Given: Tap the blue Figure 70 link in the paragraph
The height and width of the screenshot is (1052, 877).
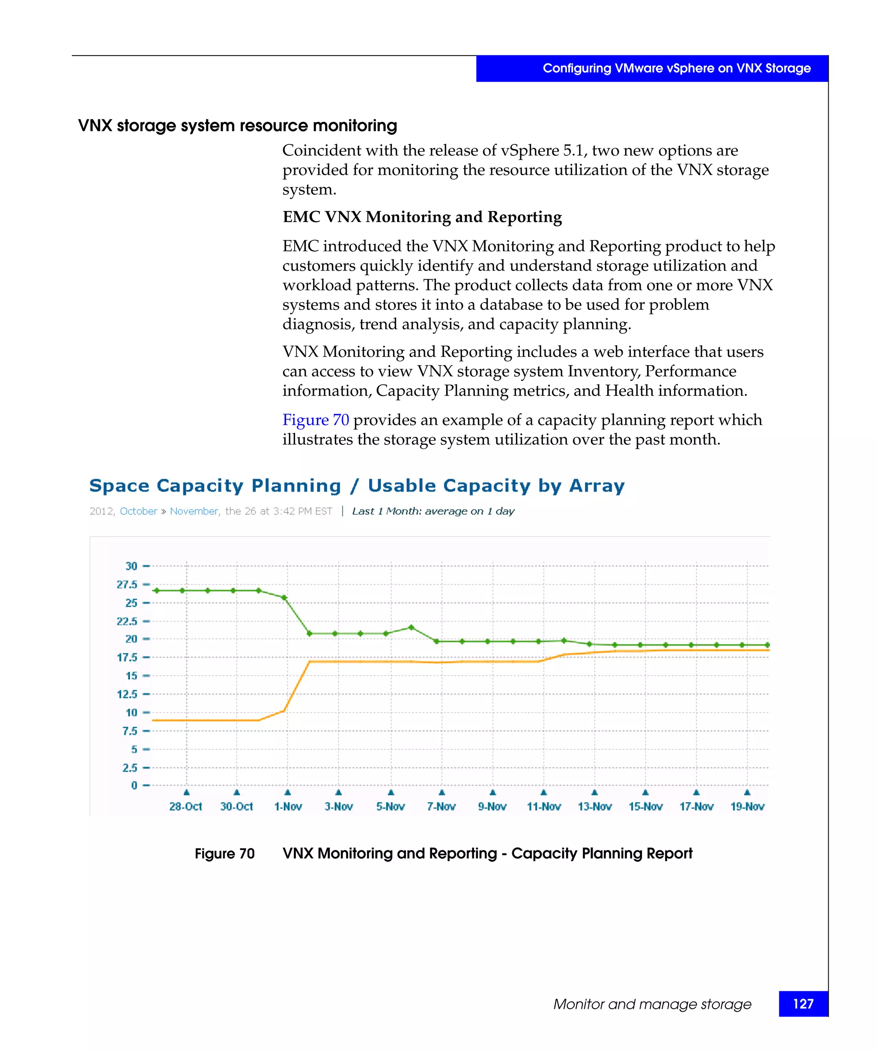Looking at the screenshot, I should (315, 420).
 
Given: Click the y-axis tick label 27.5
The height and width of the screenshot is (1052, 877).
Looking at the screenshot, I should (127, 584).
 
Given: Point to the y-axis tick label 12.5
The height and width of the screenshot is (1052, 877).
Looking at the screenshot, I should (127, 694).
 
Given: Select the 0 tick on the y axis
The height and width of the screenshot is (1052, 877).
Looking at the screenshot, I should (134, 785).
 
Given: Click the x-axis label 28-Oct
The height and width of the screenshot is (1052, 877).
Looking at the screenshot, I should (185, 806).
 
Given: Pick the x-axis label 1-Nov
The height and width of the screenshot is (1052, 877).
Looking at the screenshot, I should (288, 806).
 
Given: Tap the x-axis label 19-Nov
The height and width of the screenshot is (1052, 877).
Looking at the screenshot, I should (747, 806).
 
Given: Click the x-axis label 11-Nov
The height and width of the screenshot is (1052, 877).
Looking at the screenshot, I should (543, 806).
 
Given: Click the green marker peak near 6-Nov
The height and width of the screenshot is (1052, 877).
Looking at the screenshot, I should (411, 627).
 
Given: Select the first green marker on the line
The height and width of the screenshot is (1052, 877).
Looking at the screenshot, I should (156, 591).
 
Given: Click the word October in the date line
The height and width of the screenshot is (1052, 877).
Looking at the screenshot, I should (138, 511).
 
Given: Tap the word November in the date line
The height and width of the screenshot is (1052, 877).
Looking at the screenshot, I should (194, 511).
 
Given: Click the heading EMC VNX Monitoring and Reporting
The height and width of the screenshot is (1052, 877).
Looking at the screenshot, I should (422, 217).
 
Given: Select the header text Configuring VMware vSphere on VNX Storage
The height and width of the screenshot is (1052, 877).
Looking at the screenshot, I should (676, 68).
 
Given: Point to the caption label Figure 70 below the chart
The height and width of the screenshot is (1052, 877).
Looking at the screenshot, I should (224, 853).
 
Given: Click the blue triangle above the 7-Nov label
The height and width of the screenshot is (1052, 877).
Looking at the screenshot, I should (441, 792).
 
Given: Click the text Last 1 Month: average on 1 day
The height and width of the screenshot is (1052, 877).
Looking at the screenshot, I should (433, 511).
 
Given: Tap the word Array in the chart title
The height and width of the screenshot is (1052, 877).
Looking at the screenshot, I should (597, 485).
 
